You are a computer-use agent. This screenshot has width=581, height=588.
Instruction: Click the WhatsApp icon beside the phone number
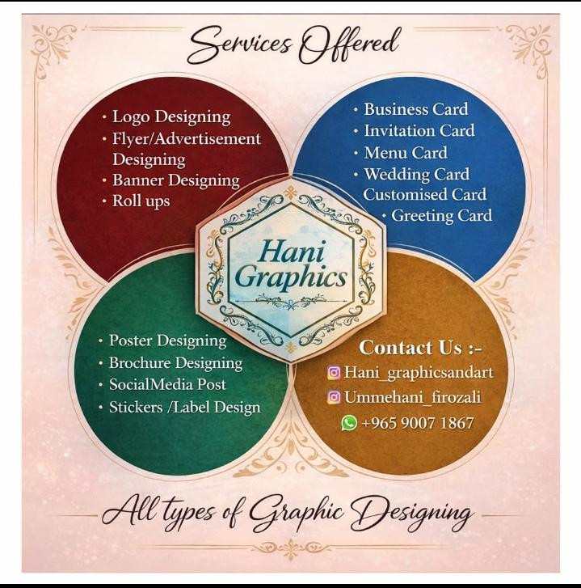349,423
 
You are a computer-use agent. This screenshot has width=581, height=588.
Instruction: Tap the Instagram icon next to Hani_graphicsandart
334,373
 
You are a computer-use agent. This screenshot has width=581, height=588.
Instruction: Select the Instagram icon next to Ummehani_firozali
334,397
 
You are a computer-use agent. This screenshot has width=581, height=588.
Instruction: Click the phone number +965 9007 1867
418,423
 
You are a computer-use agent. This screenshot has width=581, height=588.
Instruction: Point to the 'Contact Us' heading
420,348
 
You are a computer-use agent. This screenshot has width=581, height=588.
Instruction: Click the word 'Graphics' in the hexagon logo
291,278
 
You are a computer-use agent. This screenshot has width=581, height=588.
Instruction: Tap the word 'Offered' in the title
348,45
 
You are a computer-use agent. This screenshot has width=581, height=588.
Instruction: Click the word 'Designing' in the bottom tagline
411,513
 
